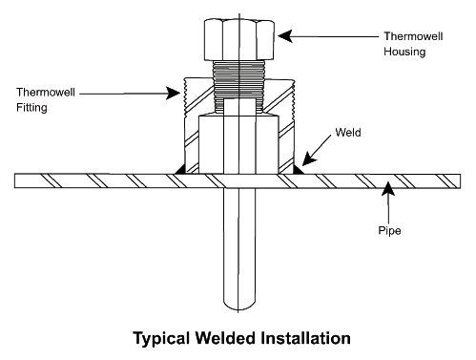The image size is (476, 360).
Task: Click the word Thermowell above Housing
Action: click(x=413, y=36)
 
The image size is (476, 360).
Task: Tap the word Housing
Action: click(x=404, y=52)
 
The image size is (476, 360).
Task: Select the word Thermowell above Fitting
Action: click(x=46, y=93)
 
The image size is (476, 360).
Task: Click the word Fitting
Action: click(x=31, y=108)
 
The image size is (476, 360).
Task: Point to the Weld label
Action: click(x=348, y=133)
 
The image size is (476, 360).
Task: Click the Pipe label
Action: click(x=389, y=230)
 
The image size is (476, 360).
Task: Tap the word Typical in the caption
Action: click(x=161, y=338)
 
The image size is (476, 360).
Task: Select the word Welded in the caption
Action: click(x=225, y=338)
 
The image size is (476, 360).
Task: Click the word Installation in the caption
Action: click(x=305, y=338)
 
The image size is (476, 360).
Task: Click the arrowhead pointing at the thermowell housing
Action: click(x=285, y=36)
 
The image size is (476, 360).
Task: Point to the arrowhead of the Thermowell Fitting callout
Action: click(x=174, y=94)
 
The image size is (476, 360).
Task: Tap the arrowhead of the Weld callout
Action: click(x=308, y=159)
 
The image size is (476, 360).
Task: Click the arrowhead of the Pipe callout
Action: click(x=388, y=188)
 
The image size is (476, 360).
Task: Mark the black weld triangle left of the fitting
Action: click(x=180, y=170)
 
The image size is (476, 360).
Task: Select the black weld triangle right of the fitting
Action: click(x=298, y=170)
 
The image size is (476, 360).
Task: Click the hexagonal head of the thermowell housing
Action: click(x=239, y=40)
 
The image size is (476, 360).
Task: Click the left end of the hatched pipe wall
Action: click(x=14, y=180)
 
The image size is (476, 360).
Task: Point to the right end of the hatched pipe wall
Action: click(x=460, y=181)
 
